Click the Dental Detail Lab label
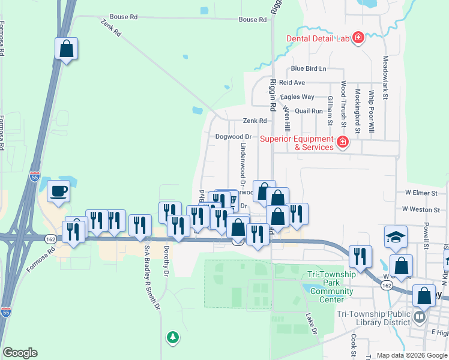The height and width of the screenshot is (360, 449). point(318,38)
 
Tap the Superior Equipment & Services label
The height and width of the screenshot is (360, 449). point(297,143)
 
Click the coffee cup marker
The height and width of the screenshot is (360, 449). point(58,191)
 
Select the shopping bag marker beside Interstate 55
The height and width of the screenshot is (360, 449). point(67,49)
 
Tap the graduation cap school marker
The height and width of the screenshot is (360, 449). point(396,237)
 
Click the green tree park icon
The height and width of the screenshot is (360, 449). point(173,337)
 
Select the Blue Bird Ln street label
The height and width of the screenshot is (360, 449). point(309,69)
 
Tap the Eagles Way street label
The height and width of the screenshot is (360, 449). point(297,97)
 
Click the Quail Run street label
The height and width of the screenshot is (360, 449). point(309,111)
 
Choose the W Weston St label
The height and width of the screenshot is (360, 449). point(418,209)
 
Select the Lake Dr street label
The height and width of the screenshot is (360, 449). point(310,323)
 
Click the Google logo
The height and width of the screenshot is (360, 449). point(20,353)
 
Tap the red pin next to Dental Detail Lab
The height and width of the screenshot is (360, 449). point(358,38)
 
